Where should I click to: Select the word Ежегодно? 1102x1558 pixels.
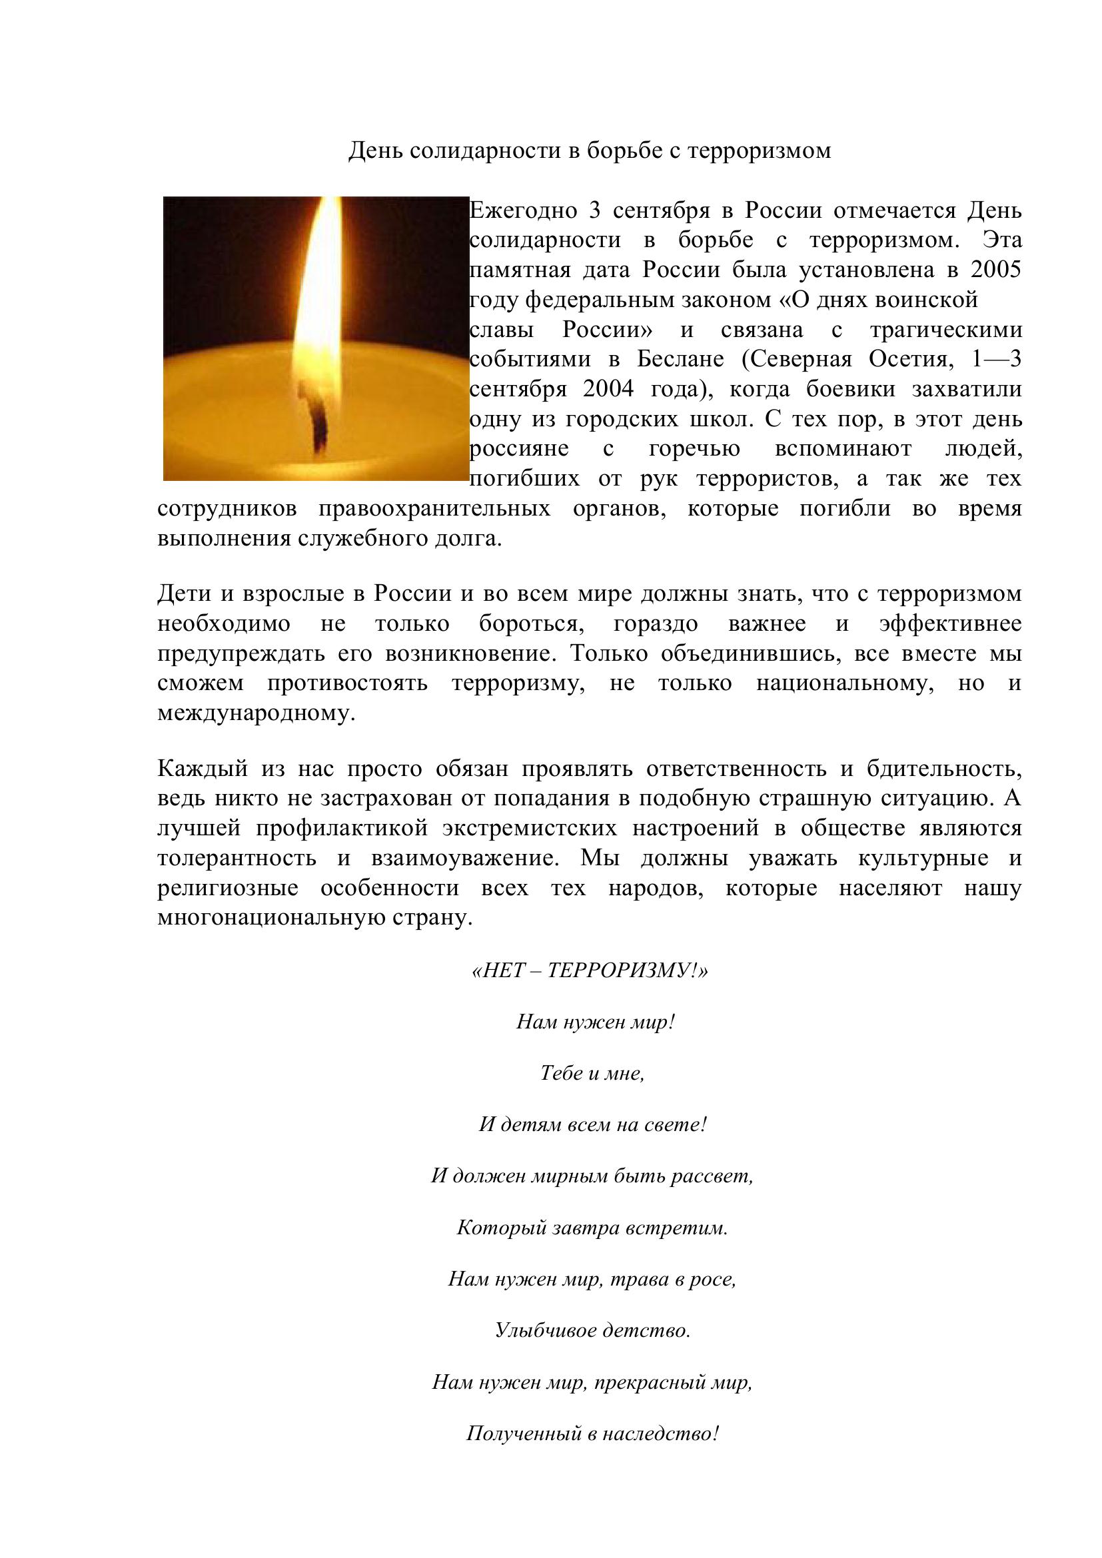pos(523,211)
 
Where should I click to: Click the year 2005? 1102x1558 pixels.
pos(995,270)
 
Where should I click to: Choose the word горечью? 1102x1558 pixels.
pos(694,449)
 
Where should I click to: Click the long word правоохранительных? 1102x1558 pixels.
pos(434,509)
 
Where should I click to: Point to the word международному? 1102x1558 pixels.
pos(256,714)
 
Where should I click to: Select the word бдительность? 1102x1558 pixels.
pos(944,769)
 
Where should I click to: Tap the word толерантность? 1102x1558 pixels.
pos(237,859)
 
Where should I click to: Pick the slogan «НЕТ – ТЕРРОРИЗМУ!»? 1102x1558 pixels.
pos(590,971)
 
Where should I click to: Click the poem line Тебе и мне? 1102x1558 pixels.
pos(592,1073)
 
